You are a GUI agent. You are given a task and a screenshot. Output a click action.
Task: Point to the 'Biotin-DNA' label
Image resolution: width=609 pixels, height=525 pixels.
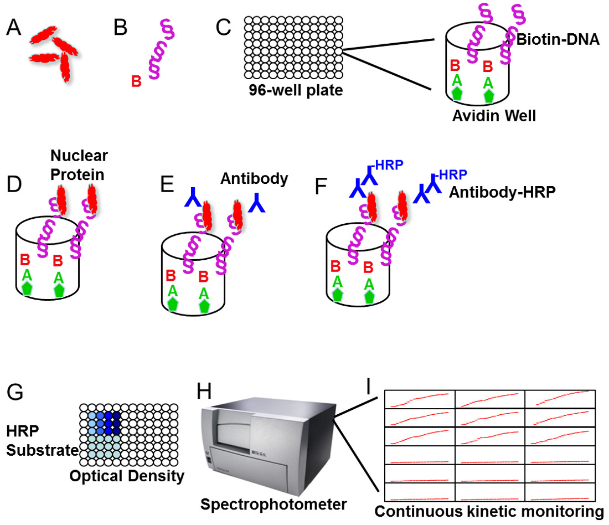point(559,39)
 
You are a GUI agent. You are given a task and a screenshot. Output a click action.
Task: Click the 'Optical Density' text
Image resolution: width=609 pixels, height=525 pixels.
point(127,476)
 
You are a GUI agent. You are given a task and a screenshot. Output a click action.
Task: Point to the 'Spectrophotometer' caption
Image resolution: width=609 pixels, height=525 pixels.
point(273,504)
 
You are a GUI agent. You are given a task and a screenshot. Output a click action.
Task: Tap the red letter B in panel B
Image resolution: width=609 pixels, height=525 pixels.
point(136,82)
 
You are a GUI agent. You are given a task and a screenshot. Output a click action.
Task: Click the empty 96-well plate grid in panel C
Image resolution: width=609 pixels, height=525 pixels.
point(293,48)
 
